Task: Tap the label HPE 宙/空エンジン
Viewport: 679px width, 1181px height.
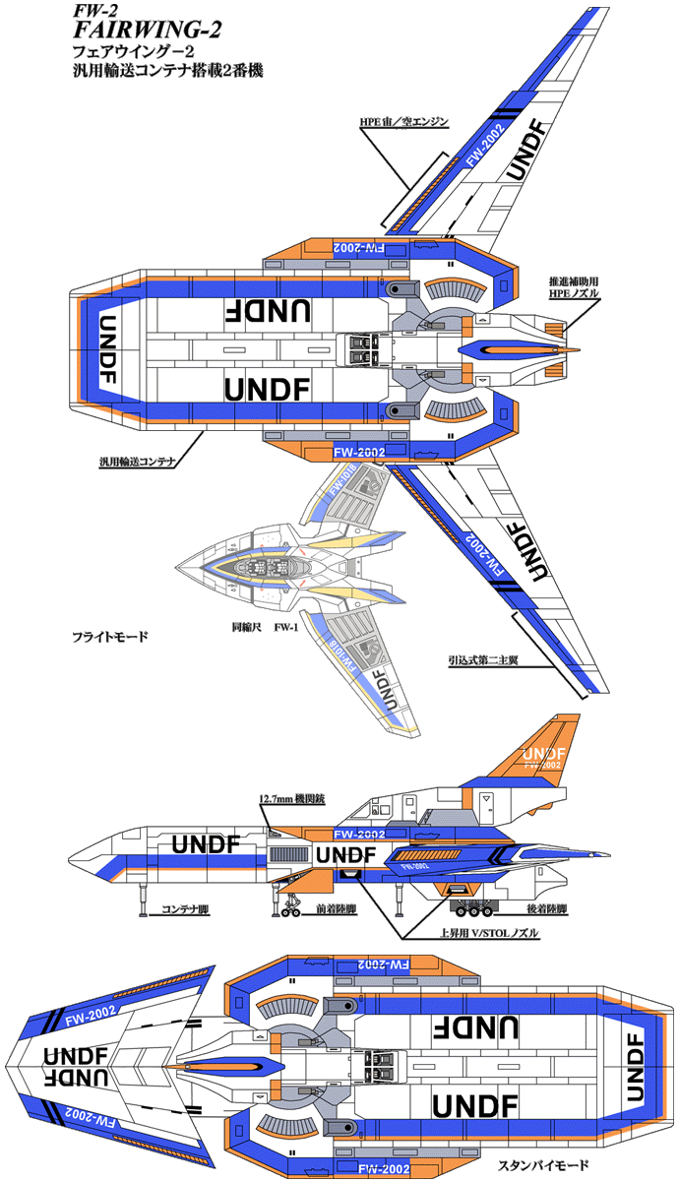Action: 403,122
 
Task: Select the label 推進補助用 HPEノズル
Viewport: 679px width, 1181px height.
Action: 574,287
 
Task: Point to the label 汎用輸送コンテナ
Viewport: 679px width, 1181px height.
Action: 137,460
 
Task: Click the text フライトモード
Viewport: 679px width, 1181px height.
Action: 110,637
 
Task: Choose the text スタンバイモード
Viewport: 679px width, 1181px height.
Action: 543,1165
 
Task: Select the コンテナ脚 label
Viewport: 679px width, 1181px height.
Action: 186,909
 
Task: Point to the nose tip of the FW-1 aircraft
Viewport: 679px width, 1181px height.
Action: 178,568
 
